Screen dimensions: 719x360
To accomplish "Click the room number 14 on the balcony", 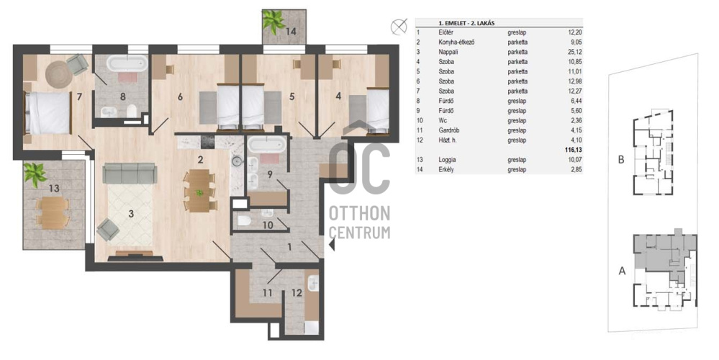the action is point(290,32).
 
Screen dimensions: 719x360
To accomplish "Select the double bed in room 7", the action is point(48,113).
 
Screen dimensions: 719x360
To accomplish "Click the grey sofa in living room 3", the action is point(130,174).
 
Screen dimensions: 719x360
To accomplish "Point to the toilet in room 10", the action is point(243,222).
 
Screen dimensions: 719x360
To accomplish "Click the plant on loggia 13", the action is point(35,175).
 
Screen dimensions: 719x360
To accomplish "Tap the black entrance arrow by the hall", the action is point(332,246).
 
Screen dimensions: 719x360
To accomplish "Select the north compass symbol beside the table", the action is point(399,26).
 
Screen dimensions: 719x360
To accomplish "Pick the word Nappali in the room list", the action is point(448,52).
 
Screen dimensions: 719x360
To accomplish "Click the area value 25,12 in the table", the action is point(574,52).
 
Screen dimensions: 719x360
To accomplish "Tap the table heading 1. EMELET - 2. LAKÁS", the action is point(466,23).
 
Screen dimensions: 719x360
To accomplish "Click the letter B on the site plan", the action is point(621,160).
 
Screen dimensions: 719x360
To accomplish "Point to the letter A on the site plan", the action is point(622,271).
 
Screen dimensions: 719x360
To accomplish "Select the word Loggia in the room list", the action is point(447,160).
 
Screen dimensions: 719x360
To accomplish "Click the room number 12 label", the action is point(297,292).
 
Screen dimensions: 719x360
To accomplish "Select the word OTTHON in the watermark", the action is point(360,213).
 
